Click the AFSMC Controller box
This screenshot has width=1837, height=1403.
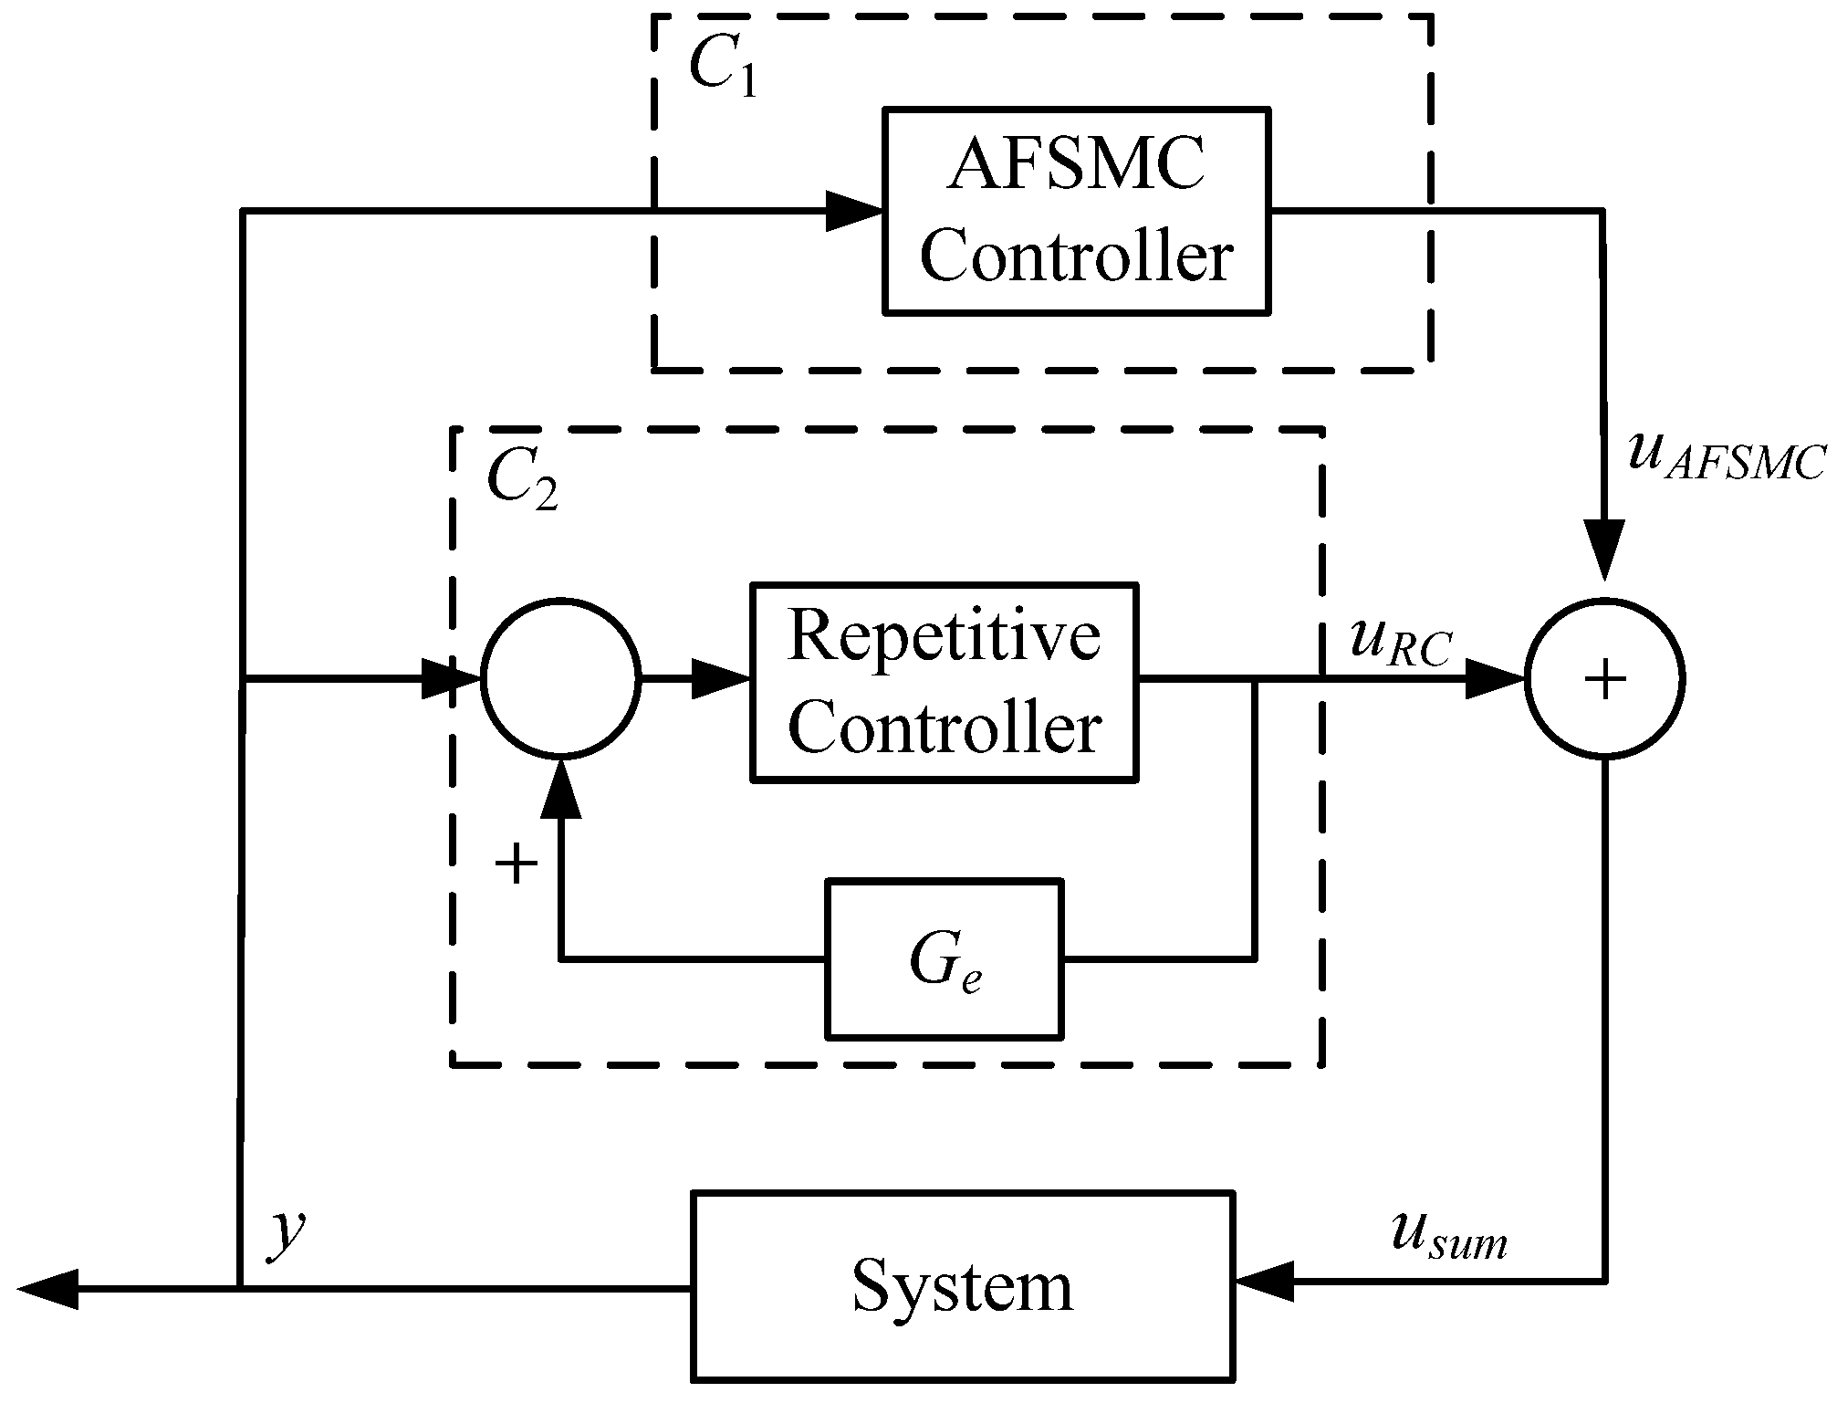[1076, 211]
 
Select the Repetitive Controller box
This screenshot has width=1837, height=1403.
[944, 682]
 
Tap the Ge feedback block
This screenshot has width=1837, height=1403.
[944, 959]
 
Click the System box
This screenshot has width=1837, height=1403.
[963, 1285]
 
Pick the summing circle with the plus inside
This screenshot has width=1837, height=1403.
[1604, 679]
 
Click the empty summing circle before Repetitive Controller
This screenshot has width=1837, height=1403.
[560, 677]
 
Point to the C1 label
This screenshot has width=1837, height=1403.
[722, 69]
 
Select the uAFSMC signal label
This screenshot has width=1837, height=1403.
[1725, 457]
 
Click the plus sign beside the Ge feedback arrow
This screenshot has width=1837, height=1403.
[516, 864]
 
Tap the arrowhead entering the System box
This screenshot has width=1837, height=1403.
[1263, 1281]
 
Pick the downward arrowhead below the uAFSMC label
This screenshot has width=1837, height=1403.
[1603, 547]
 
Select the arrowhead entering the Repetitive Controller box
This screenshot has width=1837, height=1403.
[721, 678]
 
